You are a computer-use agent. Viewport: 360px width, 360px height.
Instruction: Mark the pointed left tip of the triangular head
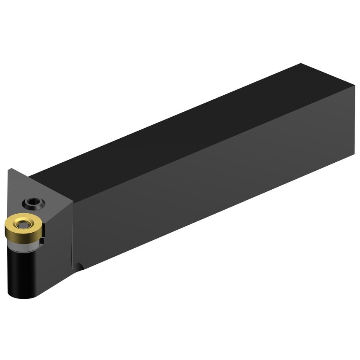tap(9, 169)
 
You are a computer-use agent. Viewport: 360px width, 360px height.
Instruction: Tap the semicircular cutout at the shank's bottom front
tap(79, 267)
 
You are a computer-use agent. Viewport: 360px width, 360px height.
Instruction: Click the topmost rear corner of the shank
tap(301, 64)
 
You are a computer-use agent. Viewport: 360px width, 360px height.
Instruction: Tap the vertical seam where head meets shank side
tap(72, 232)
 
